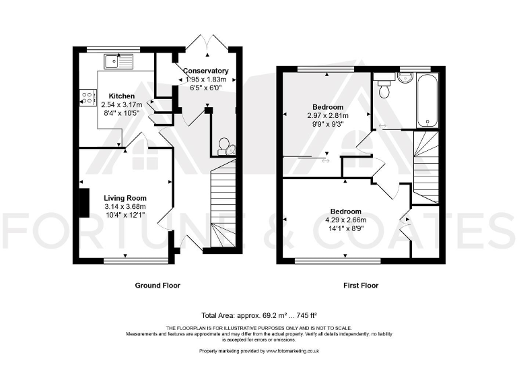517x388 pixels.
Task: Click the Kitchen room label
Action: pyautogui.click(x=122, y=96)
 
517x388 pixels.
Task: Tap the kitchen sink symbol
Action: pyautogui.click(x=118, y=62)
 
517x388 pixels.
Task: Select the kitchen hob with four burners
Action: pyautogui.click(x=87, y=97)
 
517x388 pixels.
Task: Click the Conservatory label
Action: pyautogui.click(x=205, y=71)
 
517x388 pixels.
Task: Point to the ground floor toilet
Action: pyautogui.click(x=227, y=147)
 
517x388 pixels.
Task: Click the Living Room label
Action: pyautogui.click(x=125, y=198)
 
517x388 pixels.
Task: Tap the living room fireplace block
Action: pyautogui.click(x=83, y=203)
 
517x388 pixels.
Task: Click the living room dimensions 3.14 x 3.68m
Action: pyautogui.click(x=125, y=207)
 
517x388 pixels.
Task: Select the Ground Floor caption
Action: pyautogui.click(x=158, y=286)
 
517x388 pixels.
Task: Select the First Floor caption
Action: pyautogui.click(x=361, y=286)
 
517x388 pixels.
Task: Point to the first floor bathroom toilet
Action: pyautogui.click(x=384, y=88)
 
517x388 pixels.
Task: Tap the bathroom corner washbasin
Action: pyautogui.click(x=405, y=77)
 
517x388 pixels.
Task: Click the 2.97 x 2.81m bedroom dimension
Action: pyautogui.click(x=328, y=116)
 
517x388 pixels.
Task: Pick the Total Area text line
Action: pyautogui.click(x=258, y=315)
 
